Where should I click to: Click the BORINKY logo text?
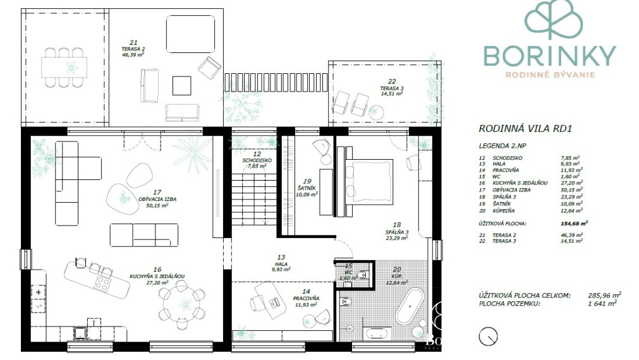click(549, 56)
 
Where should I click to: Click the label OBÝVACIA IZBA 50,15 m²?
click(157, 201)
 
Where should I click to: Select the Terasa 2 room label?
click(133, 49)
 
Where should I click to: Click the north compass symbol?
click(487, 337)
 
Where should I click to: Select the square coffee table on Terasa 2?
click(182, 85)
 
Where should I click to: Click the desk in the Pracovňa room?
click(269, 296)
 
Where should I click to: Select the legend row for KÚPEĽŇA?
click(531, 212)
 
